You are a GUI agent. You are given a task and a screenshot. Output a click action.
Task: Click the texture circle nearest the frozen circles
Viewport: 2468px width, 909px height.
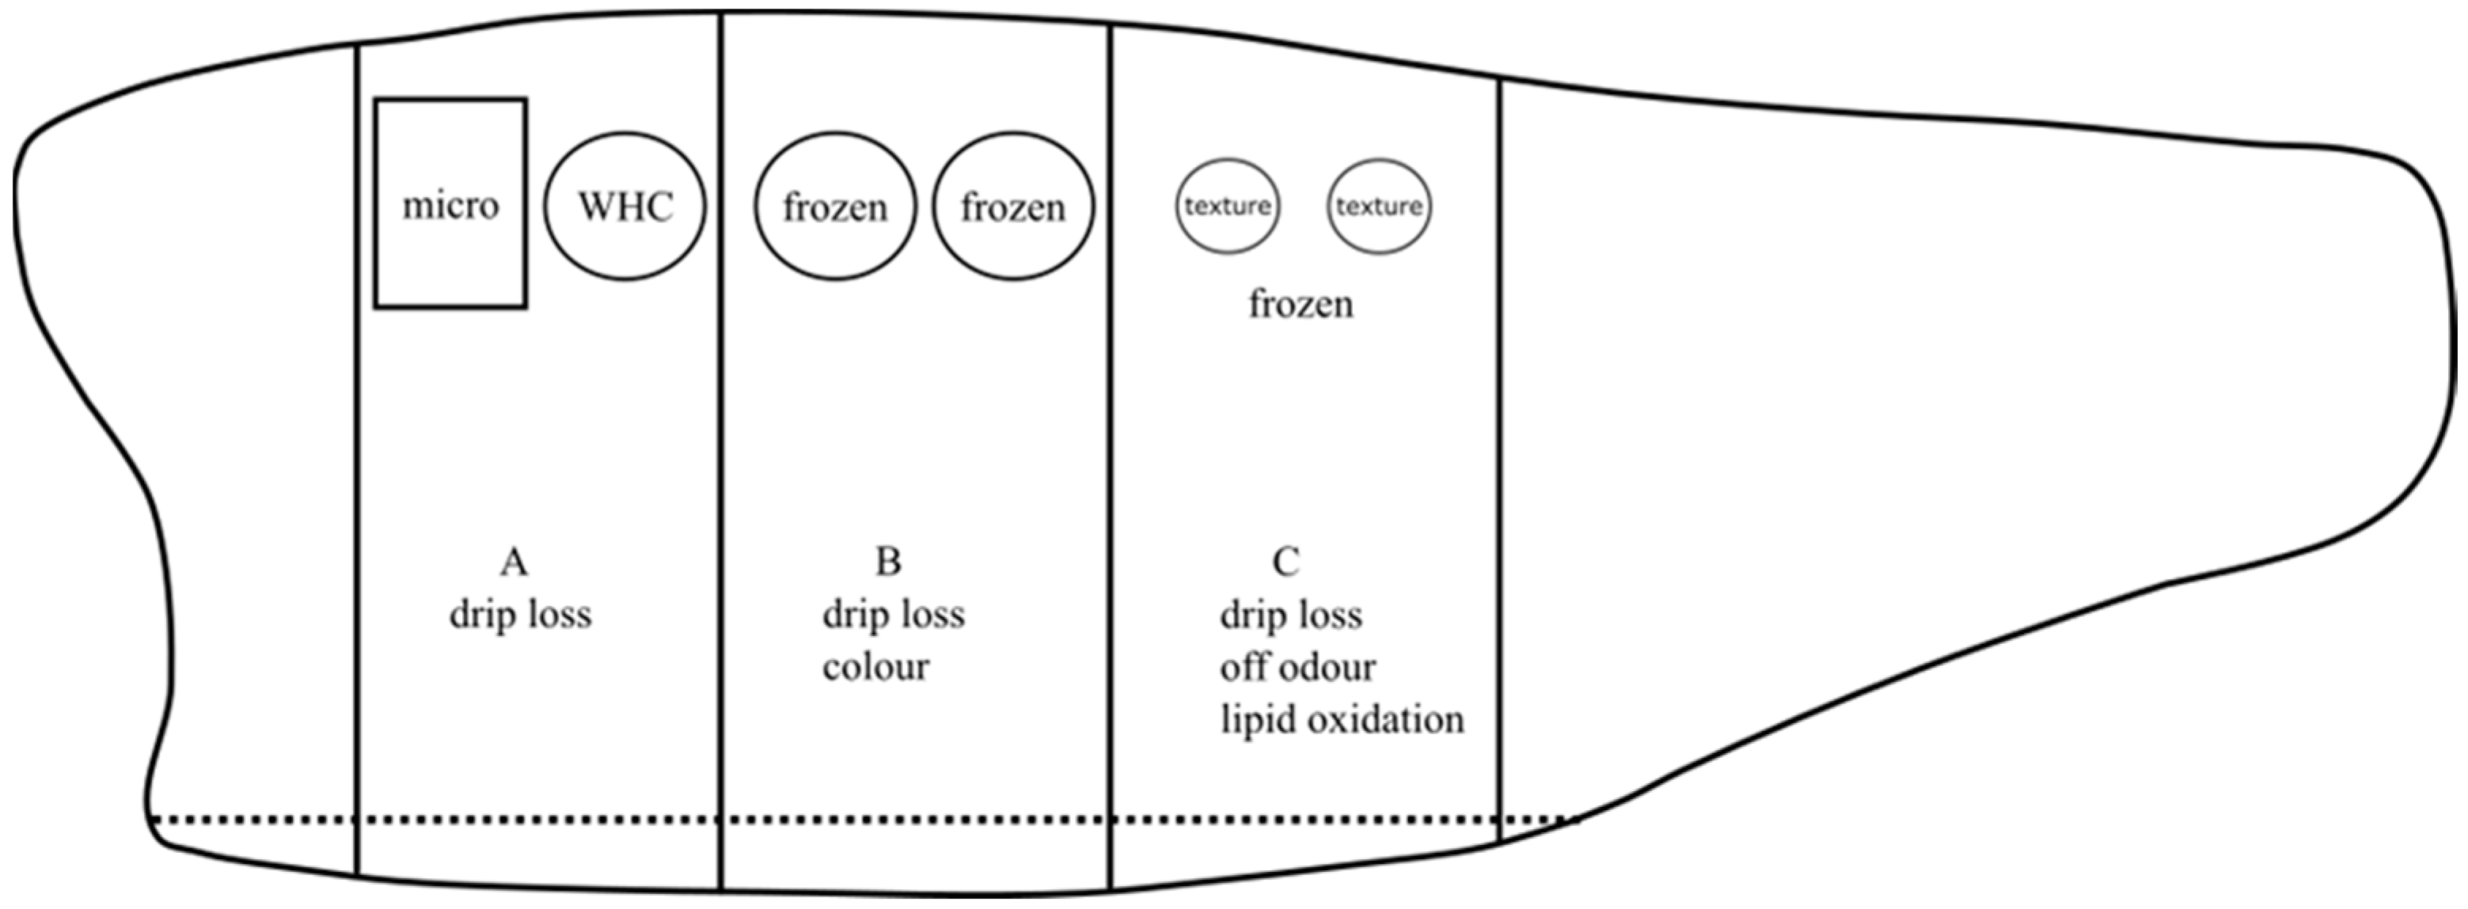pyautogui.click(x=1228, y=206)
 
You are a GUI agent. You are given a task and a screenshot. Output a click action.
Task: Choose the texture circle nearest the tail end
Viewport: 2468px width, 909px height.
pyautogui.click(x=1379, y=206)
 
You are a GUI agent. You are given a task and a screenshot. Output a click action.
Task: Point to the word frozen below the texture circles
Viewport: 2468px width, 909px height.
pyautogui.click(x=1300, y=305)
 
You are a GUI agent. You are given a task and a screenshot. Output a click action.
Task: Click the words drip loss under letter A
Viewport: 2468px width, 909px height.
pyautogui.click(x=520, y=615)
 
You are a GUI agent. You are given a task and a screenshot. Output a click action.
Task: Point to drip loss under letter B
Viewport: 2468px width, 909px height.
pyautogui.click(x=893, y=615)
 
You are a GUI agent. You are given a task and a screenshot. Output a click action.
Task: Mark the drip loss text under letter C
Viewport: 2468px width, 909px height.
pyautogui.click(x=1290, y=615)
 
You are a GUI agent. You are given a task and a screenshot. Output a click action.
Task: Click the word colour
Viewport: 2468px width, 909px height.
pyautogui.click(x=875, y=668)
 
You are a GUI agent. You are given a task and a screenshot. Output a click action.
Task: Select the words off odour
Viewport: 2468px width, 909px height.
pyautogui.click(x=1297, y=668)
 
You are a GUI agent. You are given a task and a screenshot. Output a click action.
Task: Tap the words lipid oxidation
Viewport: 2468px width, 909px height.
pyautogui.click(x=1342, y=720)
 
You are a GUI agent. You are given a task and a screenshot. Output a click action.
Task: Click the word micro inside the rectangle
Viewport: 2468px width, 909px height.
pyautogui.click(x=450, y=206)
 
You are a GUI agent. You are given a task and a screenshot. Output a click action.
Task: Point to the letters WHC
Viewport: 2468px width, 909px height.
pyautogui.click(x=625, y=206)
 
